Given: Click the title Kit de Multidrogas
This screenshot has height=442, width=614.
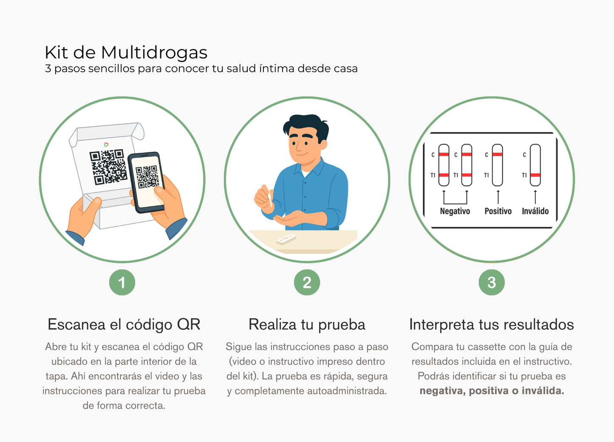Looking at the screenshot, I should pos(126,53).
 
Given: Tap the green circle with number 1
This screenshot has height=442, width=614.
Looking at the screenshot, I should pos(122,282).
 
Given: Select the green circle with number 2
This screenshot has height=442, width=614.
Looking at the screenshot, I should pos(307,282).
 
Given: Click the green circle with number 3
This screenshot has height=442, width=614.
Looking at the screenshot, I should pos(492,282).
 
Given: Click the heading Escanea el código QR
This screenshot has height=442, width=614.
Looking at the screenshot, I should pos(124,325).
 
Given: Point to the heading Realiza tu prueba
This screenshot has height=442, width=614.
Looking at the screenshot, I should pos(307,325).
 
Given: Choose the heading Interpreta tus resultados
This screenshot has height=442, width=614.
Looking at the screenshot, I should pos(491,325).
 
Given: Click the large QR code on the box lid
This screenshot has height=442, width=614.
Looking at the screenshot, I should pos(108,167).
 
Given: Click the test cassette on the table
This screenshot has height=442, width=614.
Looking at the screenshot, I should pos(286,239).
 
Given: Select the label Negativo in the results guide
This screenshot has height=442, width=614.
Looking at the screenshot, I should pos(455,211).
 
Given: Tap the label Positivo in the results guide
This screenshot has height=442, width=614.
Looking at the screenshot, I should pos(498,211).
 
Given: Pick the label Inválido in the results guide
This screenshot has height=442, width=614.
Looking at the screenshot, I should pos(535,211).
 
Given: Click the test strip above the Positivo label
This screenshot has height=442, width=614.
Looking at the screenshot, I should pos(498,165).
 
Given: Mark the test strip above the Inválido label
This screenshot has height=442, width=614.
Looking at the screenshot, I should pos(535,165).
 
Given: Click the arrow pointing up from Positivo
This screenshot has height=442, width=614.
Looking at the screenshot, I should pos(498,197).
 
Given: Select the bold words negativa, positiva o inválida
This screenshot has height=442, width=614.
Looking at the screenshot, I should pos(492,391).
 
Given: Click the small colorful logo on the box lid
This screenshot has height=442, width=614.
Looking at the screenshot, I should pos(106,145).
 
